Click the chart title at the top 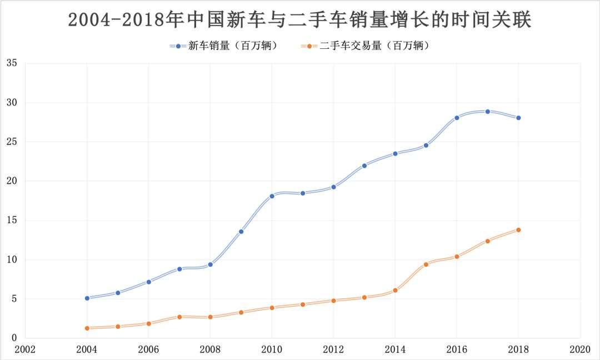[x=300, y=20]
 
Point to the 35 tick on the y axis [x=12, y=63]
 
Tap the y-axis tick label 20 [x=12, y=181]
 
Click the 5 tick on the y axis [x=14, y=299]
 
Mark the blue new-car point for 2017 [x=488, y=111]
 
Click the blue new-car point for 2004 [x=87, y=298]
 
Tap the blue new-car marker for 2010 [x=272, y=196]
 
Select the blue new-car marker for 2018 [x=518, y=118]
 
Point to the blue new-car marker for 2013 [x=364, y=166]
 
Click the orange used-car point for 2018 [x=518, y=230]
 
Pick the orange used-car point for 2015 [x=426, y=264]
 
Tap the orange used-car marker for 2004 [x=87, y=328]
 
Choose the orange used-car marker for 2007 [x=179, y=317]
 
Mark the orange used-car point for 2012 [x=333, y=301]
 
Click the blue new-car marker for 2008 [x=210, y=264]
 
